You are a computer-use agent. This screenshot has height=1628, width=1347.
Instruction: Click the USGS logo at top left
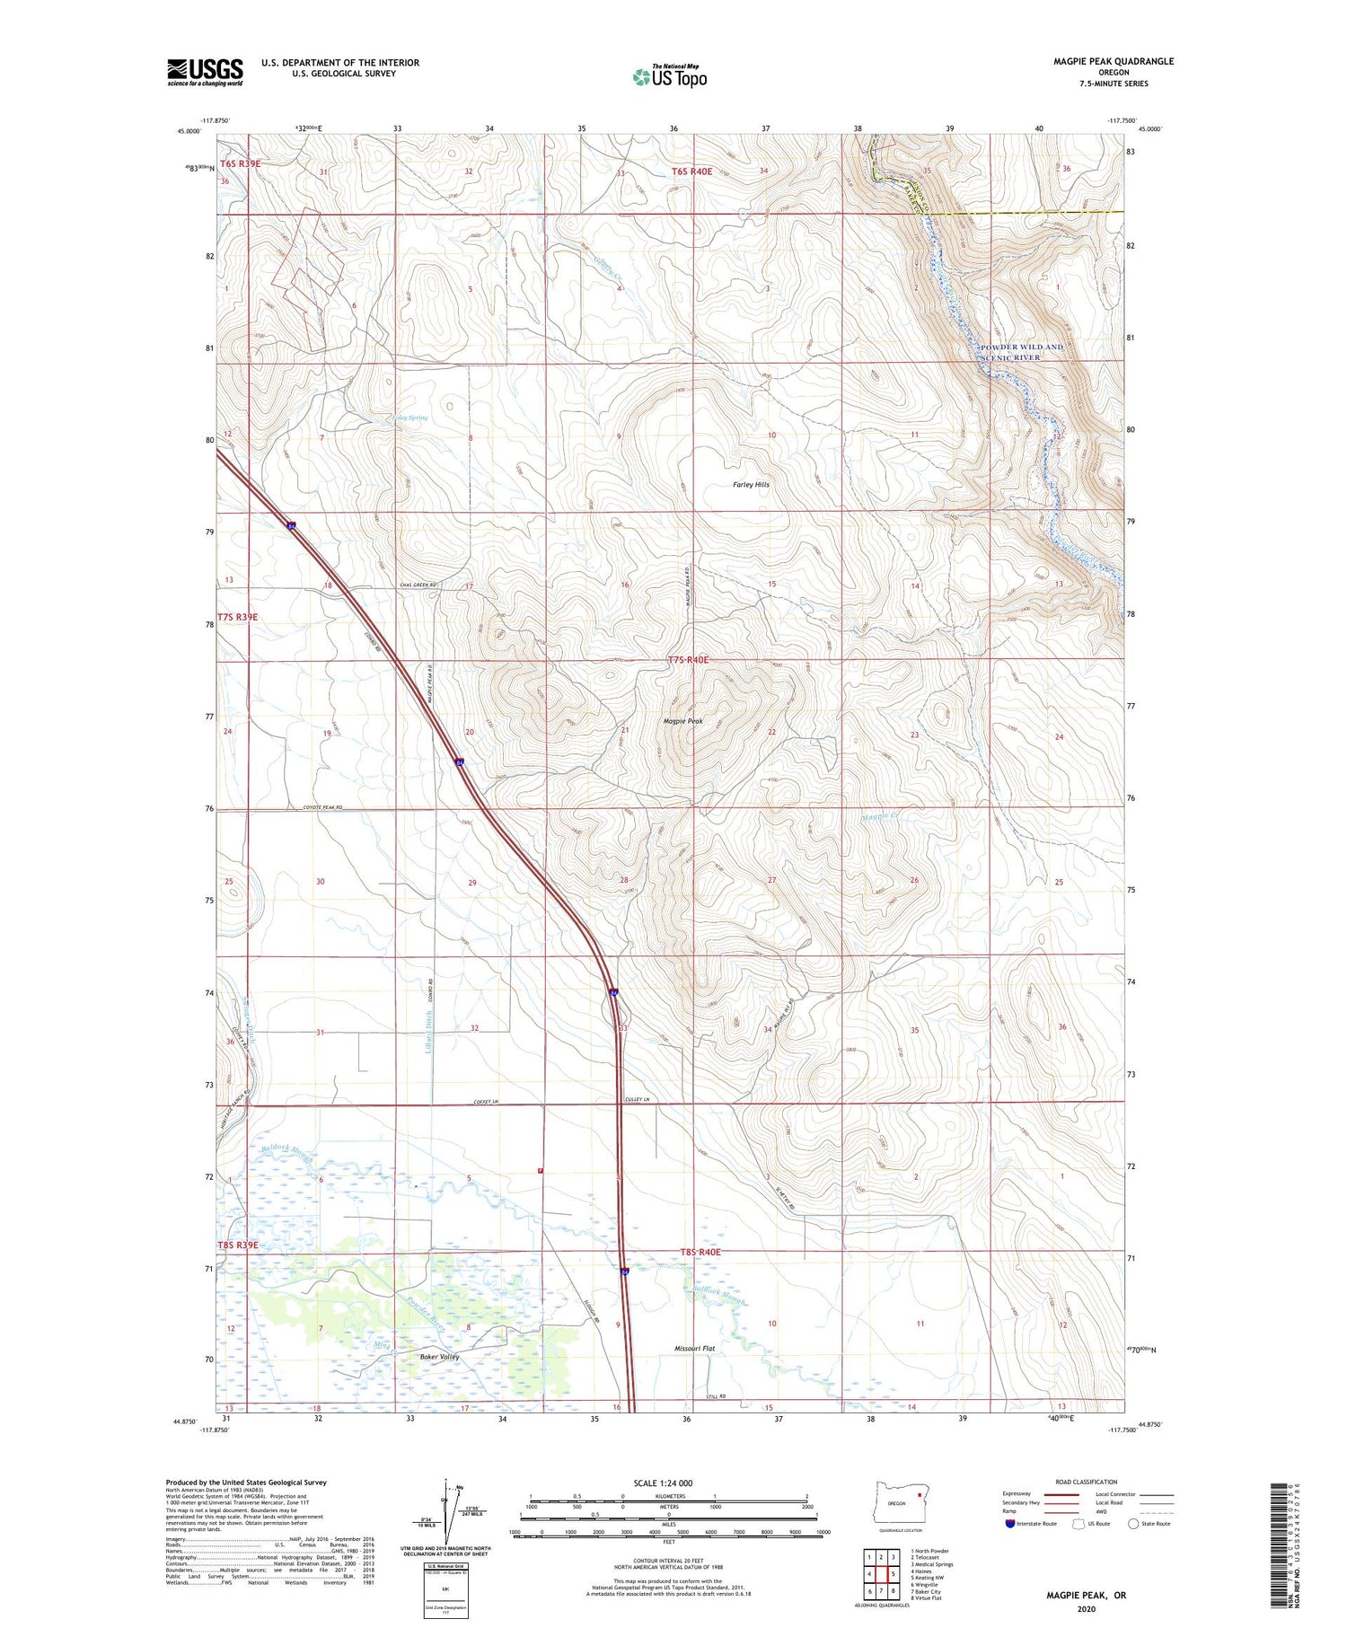click(x=205, y=72)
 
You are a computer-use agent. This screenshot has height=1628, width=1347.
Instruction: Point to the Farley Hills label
click(x=751, y=485)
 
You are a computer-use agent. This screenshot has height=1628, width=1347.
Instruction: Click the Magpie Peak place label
click(x=682, y=721)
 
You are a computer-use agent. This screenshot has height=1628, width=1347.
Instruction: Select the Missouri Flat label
click(x=694, y=1349)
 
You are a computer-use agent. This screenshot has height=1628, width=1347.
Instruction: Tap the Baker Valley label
click(x=439, y=1357)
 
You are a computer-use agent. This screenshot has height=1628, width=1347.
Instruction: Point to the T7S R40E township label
click(x=688, y=660)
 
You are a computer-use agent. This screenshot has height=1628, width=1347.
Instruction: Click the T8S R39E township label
click(x=237, y=1245)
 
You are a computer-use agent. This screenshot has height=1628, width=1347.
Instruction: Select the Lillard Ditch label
click(x=428, y=1033)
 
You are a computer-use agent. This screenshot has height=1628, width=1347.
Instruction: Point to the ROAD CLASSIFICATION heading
click(x=1086, y=1482)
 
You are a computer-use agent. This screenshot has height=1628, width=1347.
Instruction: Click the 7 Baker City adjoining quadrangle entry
click(x=925, y=1592)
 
